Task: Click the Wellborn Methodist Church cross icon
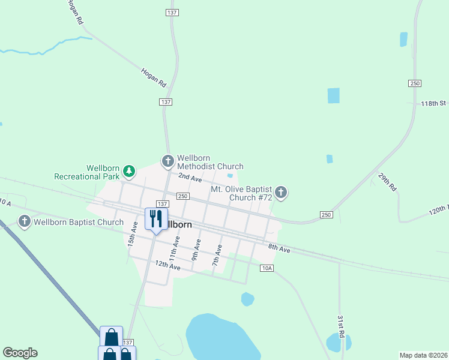[x=167, y=161]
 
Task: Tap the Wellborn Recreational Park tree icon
[x=128, y=172]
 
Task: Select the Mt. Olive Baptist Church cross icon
[x=281, y=193]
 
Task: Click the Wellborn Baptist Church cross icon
[x=25, y=221]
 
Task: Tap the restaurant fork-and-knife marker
[x=157, y=218]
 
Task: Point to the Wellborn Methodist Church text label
[x=210, y=162]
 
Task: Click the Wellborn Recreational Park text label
[x=87, y=172]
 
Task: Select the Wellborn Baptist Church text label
[x=79, y=222]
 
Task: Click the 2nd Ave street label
[x=189, y=178]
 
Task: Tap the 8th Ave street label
[x=279, y=248]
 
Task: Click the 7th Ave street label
[x=217, y=256]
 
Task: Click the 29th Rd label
[x=387, y=182]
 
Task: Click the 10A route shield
[x=267, y=268]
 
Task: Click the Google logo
[x=20, y=353]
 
